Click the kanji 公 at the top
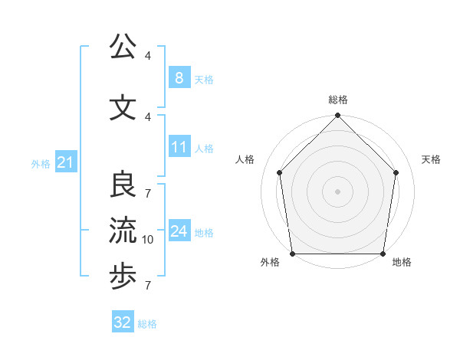123,47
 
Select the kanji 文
123,108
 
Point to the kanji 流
123,231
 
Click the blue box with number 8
179,78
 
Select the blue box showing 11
179,147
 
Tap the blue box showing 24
179,231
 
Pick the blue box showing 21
65,162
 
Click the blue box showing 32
123,322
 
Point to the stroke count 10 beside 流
148,240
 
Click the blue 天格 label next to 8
204,80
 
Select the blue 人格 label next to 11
204,149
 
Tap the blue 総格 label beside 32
147,324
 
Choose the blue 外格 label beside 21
41,164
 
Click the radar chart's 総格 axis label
338,100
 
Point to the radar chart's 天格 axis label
432,160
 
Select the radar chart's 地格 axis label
402,263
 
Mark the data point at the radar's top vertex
338,116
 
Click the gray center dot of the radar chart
338,191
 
